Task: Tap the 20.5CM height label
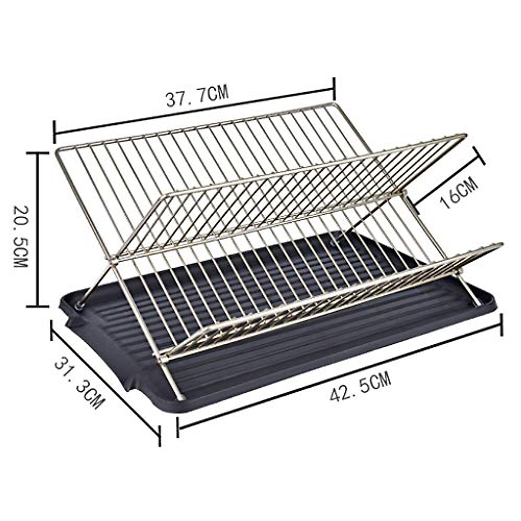20,230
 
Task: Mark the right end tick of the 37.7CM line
334,89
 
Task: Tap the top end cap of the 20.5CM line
37,153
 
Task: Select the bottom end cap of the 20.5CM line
37,307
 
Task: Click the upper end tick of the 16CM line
479,155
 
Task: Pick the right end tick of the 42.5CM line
502,325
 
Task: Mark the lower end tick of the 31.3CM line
159,435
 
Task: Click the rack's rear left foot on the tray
81,304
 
